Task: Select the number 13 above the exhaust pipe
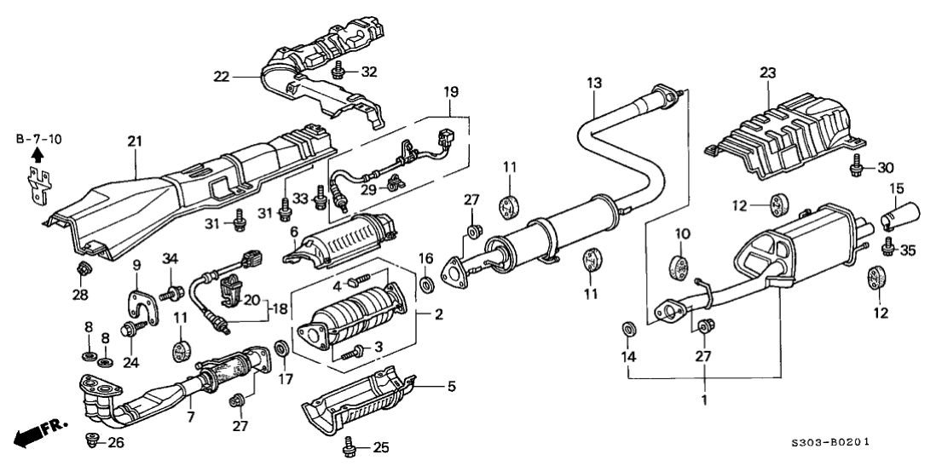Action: click(593, 82)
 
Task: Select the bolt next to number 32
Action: click(339, 69)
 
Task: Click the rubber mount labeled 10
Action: click(682, 265)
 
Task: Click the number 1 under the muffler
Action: click(704, 399)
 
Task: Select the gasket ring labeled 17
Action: click(280, 348)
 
